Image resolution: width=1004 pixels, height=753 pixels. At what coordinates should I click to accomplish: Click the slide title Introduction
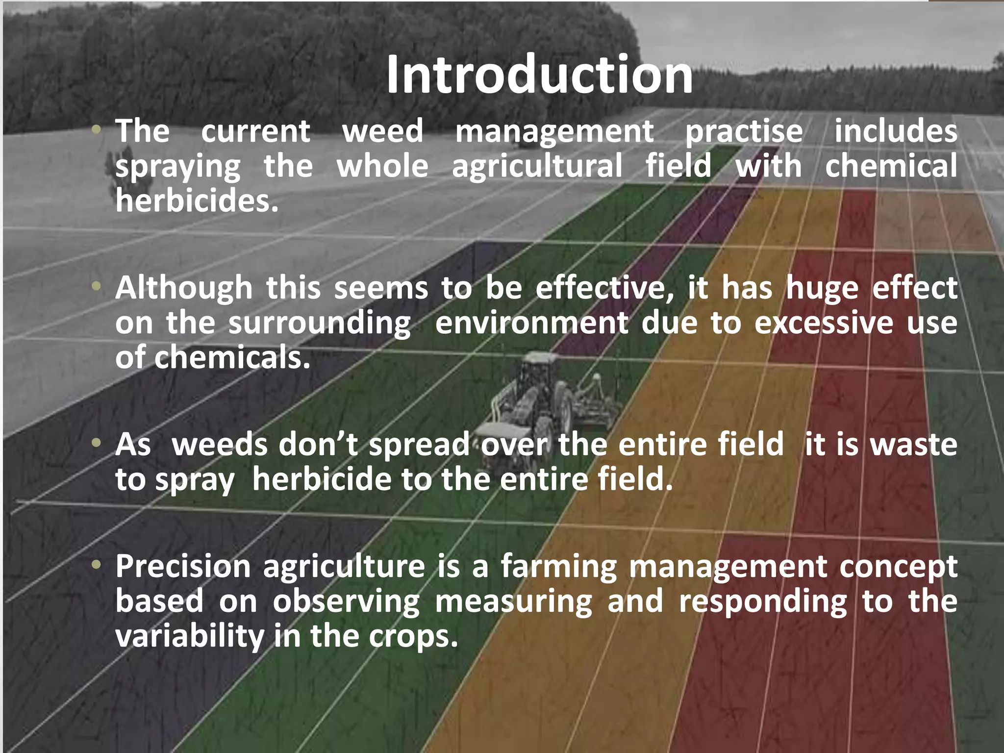539,75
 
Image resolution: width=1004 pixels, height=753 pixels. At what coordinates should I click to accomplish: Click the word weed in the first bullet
382,131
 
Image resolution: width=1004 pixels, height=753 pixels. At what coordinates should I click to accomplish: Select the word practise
744,131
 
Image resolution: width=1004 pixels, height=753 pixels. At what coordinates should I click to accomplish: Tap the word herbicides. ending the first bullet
197,201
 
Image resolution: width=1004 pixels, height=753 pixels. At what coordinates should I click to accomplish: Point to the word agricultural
537,166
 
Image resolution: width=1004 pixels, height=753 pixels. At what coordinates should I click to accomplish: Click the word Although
184,288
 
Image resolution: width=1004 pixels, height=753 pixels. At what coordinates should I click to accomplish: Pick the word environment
531,323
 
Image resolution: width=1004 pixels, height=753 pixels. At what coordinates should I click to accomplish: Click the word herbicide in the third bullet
322,479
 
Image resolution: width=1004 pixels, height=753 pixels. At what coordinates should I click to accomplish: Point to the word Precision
183,566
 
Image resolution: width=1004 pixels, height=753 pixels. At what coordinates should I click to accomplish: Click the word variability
189,636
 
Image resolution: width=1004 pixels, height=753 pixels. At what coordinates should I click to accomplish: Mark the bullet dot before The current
97,130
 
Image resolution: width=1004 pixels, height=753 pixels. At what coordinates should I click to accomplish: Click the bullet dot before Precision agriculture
97,565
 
